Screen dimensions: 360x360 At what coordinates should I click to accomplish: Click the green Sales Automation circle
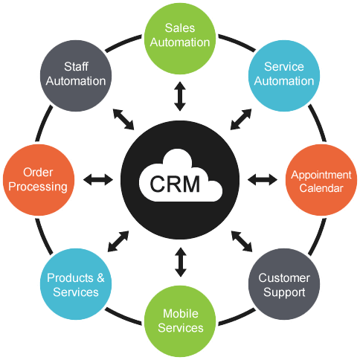coord(180,36)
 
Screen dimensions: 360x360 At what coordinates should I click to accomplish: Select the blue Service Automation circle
coord(284,73)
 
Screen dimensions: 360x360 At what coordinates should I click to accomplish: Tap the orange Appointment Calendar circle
coord(317,181)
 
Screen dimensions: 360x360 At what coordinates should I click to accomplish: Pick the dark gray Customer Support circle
coord(284,285)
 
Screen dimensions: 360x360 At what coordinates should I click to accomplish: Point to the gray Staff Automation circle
coord(76,73)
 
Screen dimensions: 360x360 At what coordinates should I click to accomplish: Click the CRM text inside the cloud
coord(175,182)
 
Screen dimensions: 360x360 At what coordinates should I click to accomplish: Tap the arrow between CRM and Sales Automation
coord(179,96)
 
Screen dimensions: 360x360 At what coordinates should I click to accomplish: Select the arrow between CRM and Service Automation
coord(241,118)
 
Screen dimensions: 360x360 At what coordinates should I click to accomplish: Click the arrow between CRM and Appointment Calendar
coord(261,179)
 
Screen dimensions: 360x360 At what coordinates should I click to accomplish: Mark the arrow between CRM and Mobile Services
coord(179,263)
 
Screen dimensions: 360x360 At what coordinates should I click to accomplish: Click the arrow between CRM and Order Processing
coord(97,179)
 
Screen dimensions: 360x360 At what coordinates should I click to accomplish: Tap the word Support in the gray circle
coord(284,292)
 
